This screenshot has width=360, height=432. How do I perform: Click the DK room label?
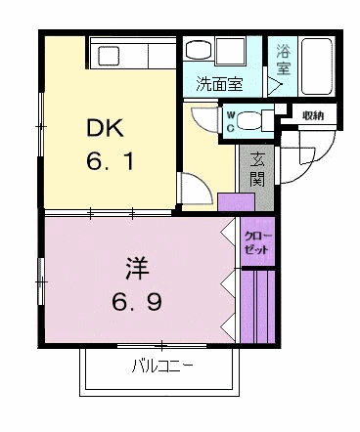pos(105,128)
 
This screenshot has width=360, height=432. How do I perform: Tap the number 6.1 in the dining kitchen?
pos(110,161)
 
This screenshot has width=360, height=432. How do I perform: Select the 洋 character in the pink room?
pos(137,269)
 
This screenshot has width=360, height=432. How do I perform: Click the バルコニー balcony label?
pos(162,367)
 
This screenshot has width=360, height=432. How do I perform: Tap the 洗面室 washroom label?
pos(219,84)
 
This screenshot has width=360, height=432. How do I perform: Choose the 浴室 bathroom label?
pos(284,59)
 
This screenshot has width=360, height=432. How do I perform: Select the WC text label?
pos(231,121)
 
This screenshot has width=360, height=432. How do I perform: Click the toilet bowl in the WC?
pos(251,121)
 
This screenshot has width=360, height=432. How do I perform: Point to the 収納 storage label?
pos(312,115)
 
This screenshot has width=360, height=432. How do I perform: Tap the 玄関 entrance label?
pos(256,170)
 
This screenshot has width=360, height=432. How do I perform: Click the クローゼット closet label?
pos(257,242)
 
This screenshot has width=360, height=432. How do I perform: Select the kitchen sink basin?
pos(110,56)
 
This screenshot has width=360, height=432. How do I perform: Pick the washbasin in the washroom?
pos(200,49)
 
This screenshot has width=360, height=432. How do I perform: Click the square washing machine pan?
pos(231,51)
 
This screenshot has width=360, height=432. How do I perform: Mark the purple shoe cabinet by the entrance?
pos(236,202)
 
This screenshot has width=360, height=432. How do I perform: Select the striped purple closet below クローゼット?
pos(258,307)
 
